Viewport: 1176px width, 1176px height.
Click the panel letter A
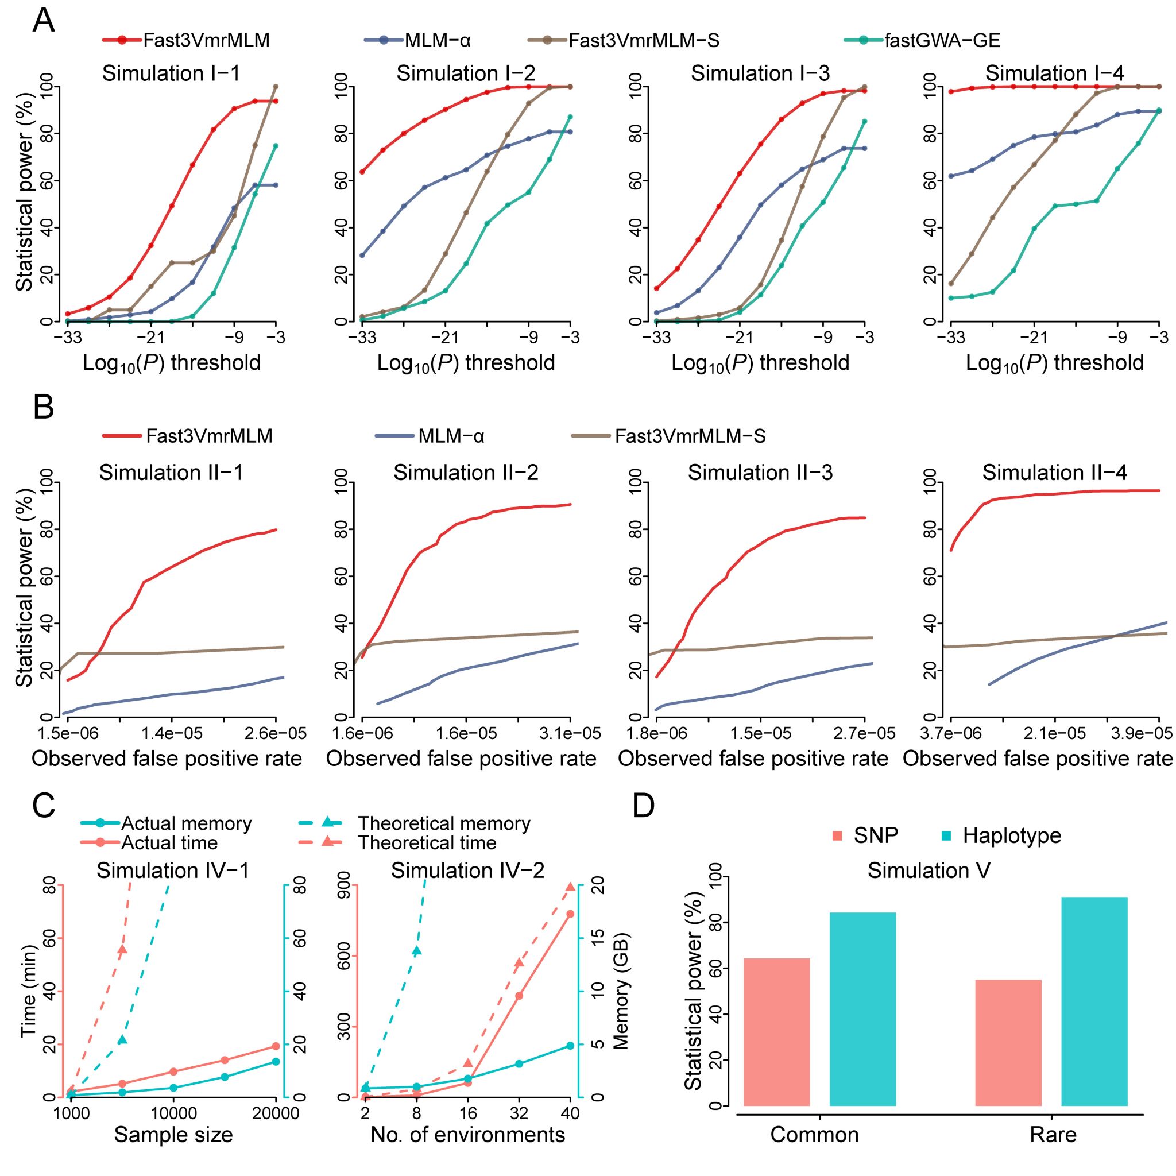point(43,22)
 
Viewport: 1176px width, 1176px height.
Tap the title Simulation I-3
point(760,73)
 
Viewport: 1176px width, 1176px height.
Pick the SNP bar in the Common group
point(776,1032)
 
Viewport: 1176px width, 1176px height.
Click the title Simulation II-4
point(1054,473)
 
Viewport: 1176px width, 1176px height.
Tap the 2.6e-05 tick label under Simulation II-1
point(275,733)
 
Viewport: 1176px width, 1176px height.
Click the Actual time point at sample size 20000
point(276,1046)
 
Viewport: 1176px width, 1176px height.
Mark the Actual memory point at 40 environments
point(570,1045)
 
